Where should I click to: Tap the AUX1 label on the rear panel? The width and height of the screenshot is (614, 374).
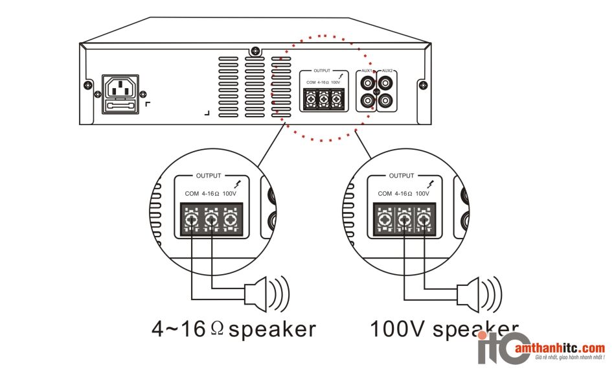point(367,71)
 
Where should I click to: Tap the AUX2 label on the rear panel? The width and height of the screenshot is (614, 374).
point(387,71)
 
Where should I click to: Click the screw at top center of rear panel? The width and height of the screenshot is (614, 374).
point(257,51)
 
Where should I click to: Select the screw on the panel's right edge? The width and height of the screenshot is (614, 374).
point(423,85)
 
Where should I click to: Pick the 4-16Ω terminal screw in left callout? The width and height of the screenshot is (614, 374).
point(210,220)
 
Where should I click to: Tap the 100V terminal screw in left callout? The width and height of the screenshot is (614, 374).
point(229,220)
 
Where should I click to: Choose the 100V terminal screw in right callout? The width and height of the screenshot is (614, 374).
point(424,220)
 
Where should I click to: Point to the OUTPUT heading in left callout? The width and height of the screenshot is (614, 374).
point(209,176)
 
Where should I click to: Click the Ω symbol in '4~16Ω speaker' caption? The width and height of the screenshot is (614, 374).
point(217,329)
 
